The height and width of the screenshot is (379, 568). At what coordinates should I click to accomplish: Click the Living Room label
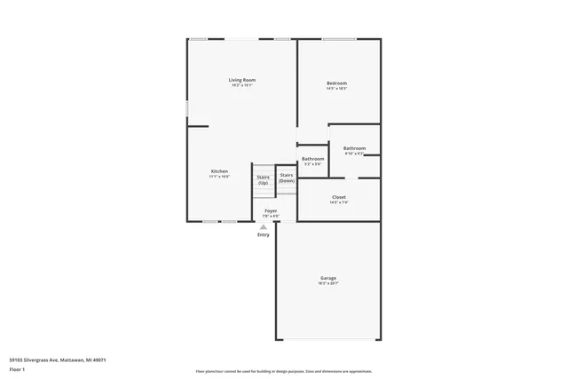(242, 80)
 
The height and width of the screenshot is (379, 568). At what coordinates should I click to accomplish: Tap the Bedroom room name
(336, 83)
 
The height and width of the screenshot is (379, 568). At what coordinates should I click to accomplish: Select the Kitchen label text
(219, 171)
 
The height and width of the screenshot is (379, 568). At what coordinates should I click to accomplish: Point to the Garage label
(328, 279)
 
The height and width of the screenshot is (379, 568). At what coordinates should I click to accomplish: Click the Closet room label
(339, 197)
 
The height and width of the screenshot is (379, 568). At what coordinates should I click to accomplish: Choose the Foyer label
(271, 210)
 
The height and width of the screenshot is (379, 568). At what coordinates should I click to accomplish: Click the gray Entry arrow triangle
(264, 226)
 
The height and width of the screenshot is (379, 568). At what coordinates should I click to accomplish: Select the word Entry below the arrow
(264, 234)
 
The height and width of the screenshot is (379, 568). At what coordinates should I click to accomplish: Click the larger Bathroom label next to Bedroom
(355, 148)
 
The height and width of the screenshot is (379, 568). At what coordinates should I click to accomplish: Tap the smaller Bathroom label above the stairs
(312, 158)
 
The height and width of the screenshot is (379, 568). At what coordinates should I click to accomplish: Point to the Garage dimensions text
(328, 284)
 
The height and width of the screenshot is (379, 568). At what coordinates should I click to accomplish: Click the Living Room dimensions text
(242, 85)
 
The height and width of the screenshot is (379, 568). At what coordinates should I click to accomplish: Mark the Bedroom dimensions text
(336, 89)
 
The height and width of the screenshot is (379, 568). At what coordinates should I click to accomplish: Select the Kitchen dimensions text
(219, 177)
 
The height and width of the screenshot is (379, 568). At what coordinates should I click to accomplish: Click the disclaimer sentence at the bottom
(284, 371)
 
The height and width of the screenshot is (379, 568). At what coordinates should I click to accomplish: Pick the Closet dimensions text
(339, 202)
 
